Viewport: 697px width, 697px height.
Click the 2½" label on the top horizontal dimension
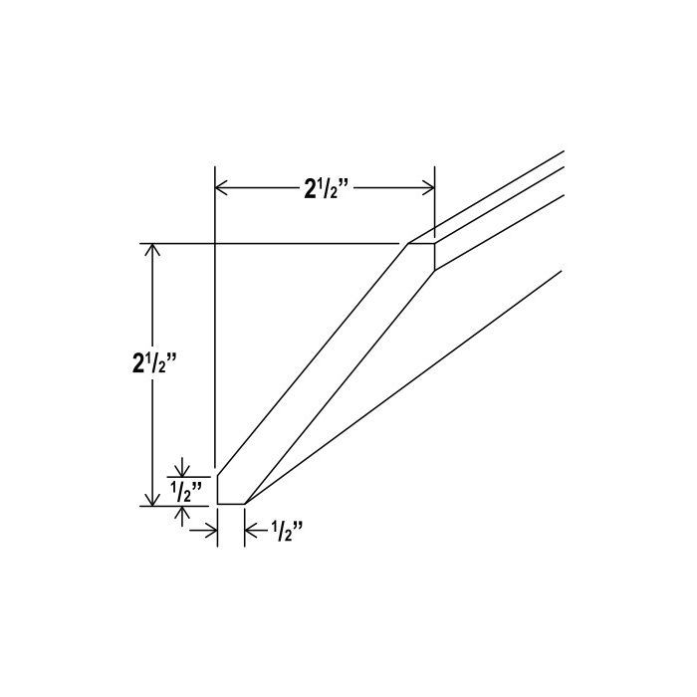[x=328, y=188]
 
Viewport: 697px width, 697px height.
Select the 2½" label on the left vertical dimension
[x=154, y=362]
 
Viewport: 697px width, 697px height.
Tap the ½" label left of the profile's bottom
[x=186, y=491]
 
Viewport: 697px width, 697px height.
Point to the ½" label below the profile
[x=287, y=531]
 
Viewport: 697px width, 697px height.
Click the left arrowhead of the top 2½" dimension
[x=221, y=188]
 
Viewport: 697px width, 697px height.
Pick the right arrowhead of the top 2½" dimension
[x=428, y=188]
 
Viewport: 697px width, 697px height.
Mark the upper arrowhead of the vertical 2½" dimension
[x=153, y=250]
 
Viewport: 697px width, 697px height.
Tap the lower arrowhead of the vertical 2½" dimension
[x=153, y=499]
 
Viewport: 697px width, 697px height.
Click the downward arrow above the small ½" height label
[x=182, y=467]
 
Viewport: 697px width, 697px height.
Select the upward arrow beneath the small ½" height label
[x=182, y=517]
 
